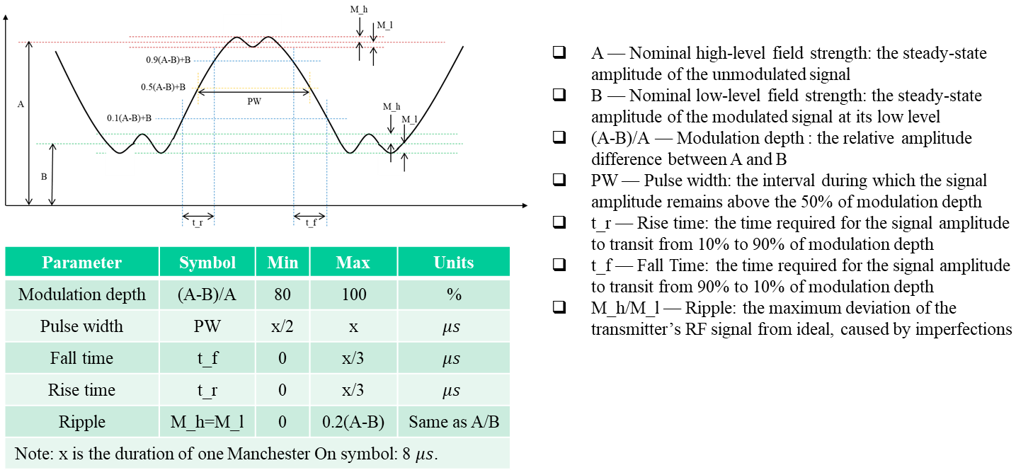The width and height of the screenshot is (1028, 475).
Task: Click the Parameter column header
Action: (x=81, y=263)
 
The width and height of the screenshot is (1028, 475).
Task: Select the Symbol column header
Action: (x=207, y=263)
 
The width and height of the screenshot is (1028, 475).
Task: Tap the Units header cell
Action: (x=453, y=263)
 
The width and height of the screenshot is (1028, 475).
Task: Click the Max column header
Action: (x=353, y=263)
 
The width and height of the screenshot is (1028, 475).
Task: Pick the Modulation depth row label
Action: (x=82, y=294)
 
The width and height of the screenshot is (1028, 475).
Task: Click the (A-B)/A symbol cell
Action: (x=207, y=294)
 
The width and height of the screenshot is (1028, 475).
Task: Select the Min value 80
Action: (x=282, y=294)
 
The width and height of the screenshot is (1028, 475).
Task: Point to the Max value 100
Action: (x=353, y=294)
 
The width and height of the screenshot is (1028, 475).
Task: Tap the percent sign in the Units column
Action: (x=453, y=294)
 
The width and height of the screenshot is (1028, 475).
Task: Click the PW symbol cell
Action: (x=207, y=326)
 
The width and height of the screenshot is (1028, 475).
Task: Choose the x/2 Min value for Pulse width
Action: (x=282, y=326)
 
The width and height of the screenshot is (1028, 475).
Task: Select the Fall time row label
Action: (x=82, y=358)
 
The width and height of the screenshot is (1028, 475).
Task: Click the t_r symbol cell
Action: (x=207, y=390)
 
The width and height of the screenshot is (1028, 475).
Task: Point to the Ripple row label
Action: (x=82, y=422)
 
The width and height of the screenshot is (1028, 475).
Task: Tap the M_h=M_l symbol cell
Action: (x=207, y=422)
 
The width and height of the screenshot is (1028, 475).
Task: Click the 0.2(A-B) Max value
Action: (x=353, y=422)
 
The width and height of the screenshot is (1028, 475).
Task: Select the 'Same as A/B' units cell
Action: (x=454, y=422)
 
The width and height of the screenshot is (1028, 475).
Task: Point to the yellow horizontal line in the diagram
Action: (x=255, y=88)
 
